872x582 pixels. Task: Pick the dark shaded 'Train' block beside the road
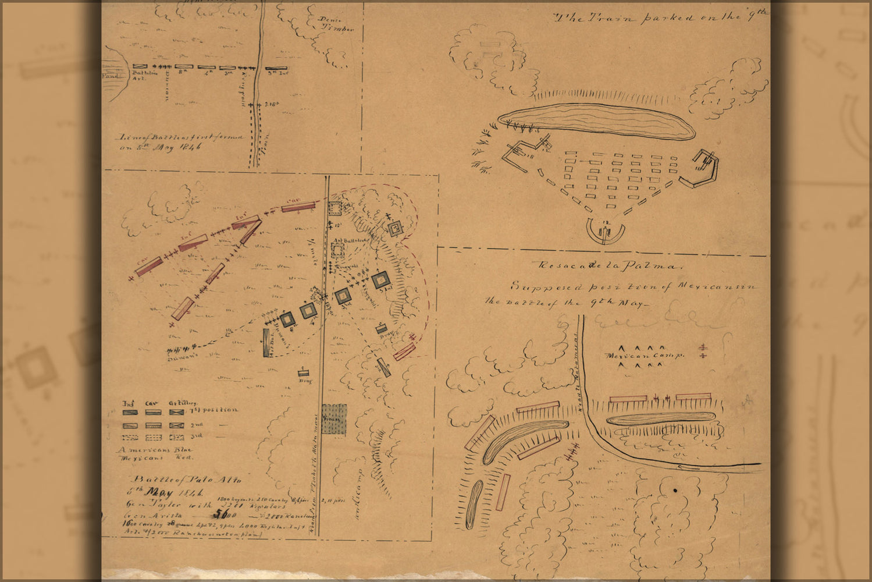(x=334, y=419)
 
